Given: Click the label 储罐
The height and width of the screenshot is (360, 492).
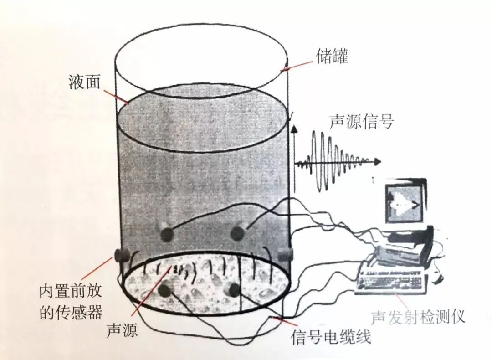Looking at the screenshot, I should pyautogui.click(x=332, y=57).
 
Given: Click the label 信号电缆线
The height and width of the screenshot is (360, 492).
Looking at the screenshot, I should pyautogui.click(x=331, y=338).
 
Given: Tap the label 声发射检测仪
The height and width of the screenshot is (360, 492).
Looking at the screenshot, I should pyautogui.click(x=418, y=317).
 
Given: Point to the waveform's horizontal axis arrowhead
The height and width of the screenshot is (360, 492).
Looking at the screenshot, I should pyautogui.click(x=378, y=161).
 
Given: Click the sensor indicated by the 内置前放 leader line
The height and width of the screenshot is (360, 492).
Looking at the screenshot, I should pyautogui.click(x=121, y=256).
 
